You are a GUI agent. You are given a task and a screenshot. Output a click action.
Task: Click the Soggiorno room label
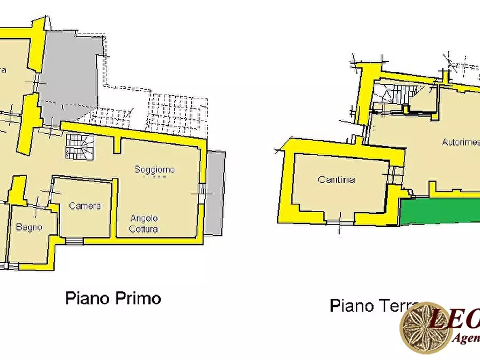point(154,170)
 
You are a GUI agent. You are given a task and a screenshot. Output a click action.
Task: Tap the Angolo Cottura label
point(144,223)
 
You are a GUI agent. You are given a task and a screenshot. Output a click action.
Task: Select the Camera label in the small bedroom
point(85,206)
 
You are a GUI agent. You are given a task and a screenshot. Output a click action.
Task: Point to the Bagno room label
point(29,227)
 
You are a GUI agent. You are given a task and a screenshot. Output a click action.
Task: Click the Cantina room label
point(336,179)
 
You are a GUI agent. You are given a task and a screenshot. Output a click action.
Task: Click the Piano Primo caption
point(113,298)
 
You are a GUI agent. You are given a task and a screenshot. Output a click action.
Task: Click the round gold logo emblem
point(426,328)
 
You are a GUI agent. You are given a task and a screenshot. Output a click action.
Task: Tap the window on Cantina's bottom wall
point(339,221)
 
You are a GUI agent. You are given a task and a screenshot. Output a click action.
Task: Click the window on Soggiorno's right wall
point(203,191)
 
